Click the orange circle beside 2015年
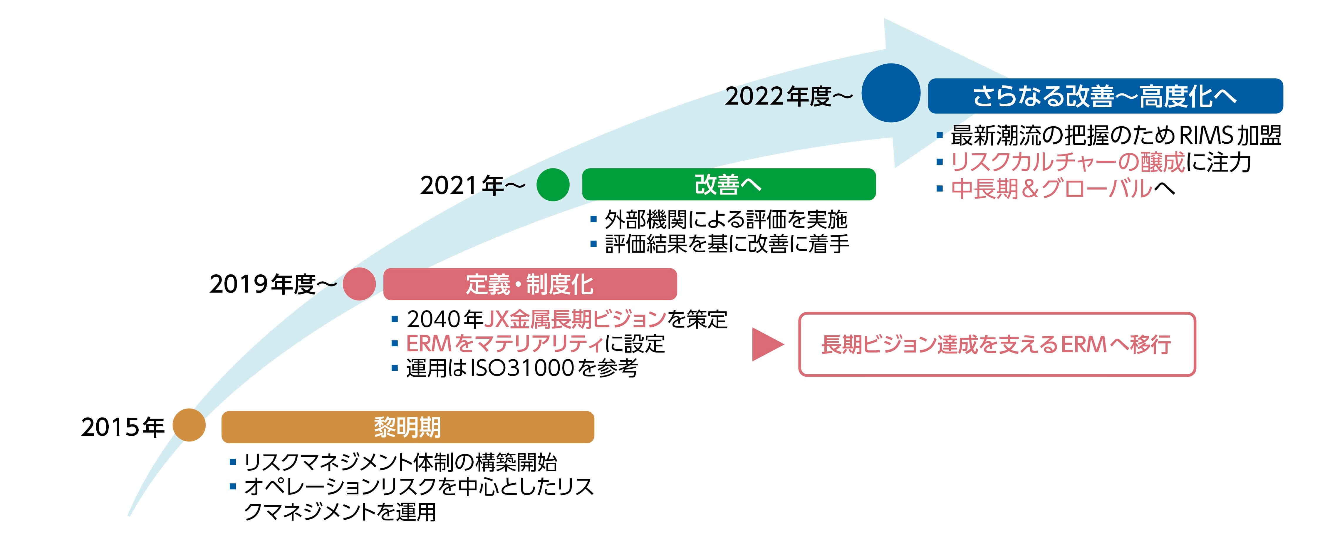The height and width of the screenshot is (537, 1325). (189, 425)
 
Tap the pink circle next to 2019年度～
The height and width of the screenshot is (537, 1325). (359, 284)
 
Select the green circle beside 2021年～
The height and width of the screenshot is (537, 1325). (553, 185)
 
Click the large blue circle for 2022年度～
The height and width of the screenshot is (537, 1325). (890, 93)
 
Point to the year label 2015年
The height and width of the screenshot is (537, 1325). (123, 427)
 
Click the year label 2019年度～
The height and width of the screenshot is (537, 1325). (273, 284)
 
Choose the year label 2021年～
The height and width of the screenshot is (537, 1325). (472, 185)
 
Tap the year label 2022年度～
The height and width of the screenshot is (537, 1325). (788, 96)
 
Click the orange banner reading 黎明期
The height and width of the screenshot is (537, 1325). (407, 427)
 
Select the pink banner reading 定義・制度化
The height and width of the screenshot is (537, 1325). (530, 284)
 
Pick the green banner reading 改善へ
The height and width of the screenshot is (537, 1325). (728, 184)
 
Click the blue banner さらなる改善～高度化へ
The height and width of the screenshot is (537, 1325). (1105, 96)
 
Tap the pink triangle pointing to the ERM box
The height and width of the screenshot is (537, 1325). (767, 344)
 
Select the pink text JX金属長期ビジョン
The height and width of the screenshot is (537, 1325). (575, 319)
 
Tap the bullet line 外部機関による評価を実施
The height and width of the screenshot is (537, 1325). (725, 220)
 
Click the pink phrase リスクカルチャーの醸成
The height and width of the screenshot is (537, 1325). (1067, 162)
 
